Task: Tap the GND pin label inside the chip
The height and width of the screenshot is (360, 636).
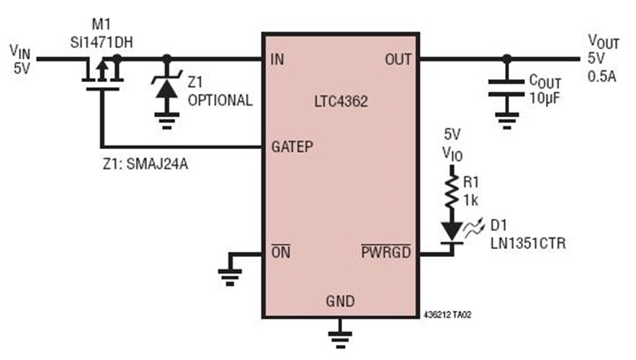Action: click(x=340, y=301)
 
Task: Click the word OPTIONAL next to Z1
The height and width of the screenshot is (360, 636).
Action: click(x=220, y=101)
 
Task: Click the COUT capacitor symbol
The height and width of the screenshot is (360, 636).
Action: click(x=507, y=89)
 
